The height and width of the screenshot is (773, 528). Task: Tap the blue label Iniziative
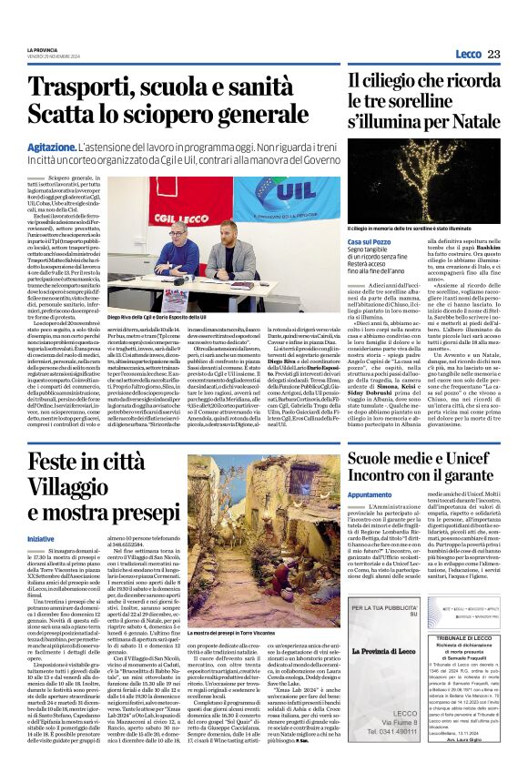point(40,540)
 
